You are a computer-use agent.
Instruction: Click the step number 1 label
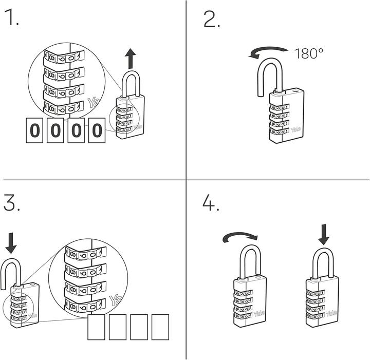(x=11, y=18)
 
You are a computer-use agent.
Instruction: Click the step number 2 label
(x=212, y=20)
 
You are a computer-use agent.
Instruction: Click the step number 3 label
(x=12, y=203)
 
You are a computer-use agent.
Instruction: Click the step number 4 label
(x=211, y=203)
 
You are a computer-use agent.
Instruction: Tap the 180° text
(x=309, y=53)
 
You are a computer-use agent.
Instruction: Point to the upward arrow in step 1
(x=131, y=59)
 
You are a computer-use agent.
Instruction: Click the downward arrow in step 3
(x=11, y=241)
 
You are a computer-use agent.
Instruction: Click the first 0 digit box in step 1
(x=34, y=130)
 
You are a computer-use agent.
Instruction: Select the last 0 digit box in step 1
(x=97, y=130)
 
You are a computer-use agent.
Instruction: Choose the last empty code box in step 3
(x=160, y=327)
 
